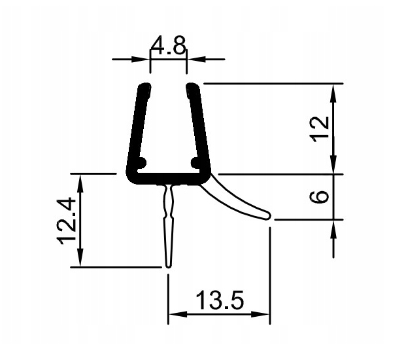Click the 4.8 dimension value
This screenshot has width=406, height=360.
point(169,46)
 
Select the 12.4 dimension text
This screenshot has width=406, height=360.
point(68,220)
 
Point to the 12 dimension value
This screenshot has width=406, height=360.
point(318,128)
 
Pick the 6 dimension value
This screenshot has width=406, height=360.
point(318,197)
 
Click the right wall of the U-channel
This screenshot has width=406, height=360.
point(201,128)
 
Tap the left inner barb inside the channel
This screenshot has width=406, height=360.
point(141,161)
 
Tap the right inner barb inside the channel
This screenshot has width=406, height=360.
point(195,161)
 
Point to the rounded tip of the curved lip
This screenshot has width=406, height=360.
point(267,214)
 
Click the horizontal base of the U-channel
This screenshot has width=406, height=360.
point(169,178)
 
